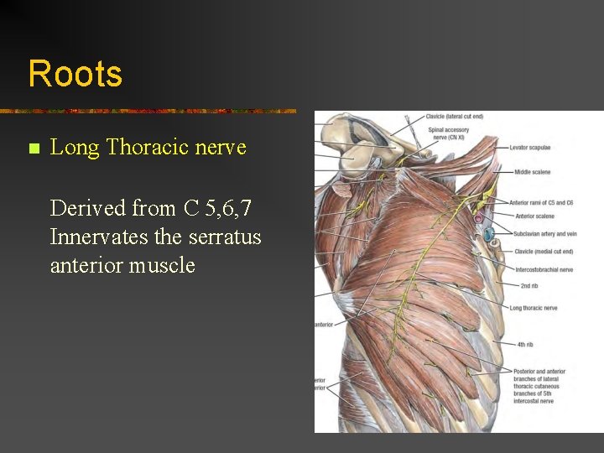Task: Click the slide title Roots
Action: tap(75, 74)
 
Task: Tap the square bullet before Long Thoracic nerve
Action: tap(34, 149)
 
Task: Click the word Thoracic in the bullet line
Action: tap(147, 148)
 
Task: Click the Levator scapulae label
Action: tap(529, 148)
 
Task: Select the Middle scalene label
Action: tap(532, 172)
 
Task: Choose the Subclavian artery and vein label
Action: tap(546, 234)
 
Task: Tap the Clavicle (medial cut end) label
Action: tap(544, 252)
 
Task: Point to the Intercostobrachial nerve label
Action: tap(544, 270)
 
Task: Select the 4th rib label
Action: tap(525, 344)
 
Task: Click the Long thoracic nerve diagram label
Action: tap(533, 308)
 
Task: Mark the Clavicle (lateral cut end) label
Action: tap(454, 117)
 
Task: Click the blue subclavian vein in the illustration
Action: tap(488, 234)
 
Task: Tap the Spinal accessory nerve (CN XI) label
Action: tap(448, 133)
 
